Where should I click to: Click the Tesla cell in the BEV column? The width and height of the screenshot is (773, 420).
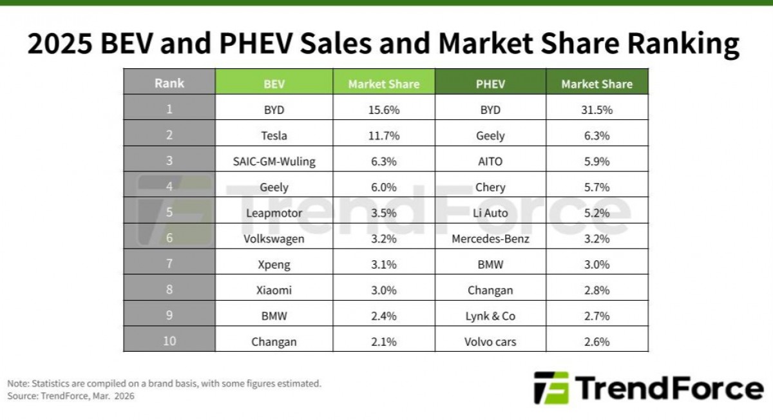point(274,136)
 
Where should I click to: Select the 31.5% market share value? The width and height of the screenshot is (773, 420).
point(596,110)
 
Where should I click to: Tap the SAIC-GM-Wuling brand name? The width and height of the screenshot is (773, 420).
point(274,162)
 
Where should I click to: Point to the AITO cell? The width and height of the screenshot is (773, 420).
point(490,162)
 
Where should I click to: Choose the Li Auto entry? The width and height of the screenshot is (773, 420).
point(490,213)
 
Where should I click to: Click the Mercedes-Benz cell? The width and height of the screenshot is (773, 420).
point(490,239)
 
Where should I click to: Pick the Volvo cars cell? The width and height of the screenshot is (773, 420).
point(490,342)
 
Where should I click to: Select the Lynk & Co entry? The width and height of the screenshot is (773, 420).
point(490,316)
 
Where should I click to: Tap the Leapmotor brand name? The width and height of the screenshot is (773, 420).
point(274,213)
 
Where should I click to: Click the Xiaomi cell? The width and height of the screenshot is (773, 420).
point(274,291)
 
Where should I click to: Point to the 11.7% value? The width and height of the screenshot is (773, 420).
point(383,136)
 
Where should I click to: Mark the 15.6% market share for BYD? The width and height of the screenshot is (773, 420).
point(383,110)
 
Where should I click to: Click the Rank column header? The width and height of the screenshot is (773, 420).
point(169,83)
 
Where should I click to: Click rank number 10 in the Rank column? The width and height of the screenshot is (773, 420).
point(169,341)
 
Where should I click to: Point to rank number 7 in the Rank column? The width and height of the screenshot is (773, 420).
point(169,264)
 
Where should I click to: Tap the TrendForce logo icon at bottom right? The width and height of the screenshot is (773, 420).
point(551,388)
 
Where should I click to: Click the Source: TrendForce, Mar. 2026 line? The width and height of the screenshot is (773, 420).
point(71,396)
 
